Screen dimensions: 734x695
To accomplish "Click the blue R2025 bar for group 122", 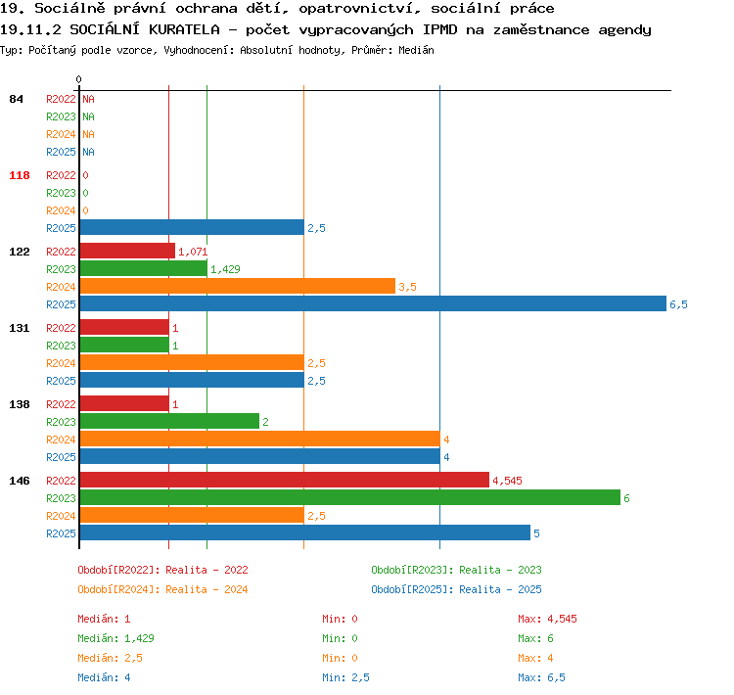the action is coord(373,303).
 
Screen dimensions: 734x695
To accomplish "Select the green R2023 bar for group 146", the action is coord(350,497).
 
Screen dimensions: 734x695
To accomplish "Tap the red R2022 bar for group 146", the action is coord(285,480).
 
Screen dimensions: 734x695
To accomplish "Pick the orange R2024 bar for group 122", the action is coord(238,286).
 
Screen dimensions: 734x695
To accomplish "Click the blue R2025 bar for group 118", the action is coord(192,227).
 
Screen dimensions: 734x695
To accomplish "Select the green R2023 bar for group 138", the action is coord(169,421).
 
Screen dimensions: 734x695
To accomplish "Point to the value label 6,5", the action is coord(678,304).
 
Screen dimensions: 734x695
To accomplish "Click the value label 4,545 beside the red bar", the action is coord(507,481).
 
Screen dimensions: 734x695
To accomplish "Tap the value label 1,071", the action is coord(193,252).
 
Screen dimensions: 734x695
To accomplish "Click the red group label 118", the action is coord(20,175).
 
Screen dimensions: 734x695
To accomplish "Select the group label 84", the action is coord(16,99).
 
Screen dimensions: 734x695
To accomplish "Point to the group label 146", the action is coord(20,481).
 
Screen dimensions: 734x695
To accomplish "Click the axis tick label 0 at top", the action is coord(78,79).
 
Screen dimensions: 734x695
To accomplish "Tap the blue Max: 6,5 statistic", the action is coord(541,677).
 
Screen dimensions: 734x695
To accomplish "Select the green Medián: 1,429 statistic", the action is coord(116,638).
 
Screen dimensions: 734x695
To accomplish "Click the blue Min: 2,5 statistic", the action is coord(345,677).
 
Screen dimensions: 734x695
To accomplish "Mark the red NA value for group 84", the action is coord(88,99).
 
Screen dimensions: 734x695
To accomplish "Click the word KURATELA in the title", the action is coord(184,30).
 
